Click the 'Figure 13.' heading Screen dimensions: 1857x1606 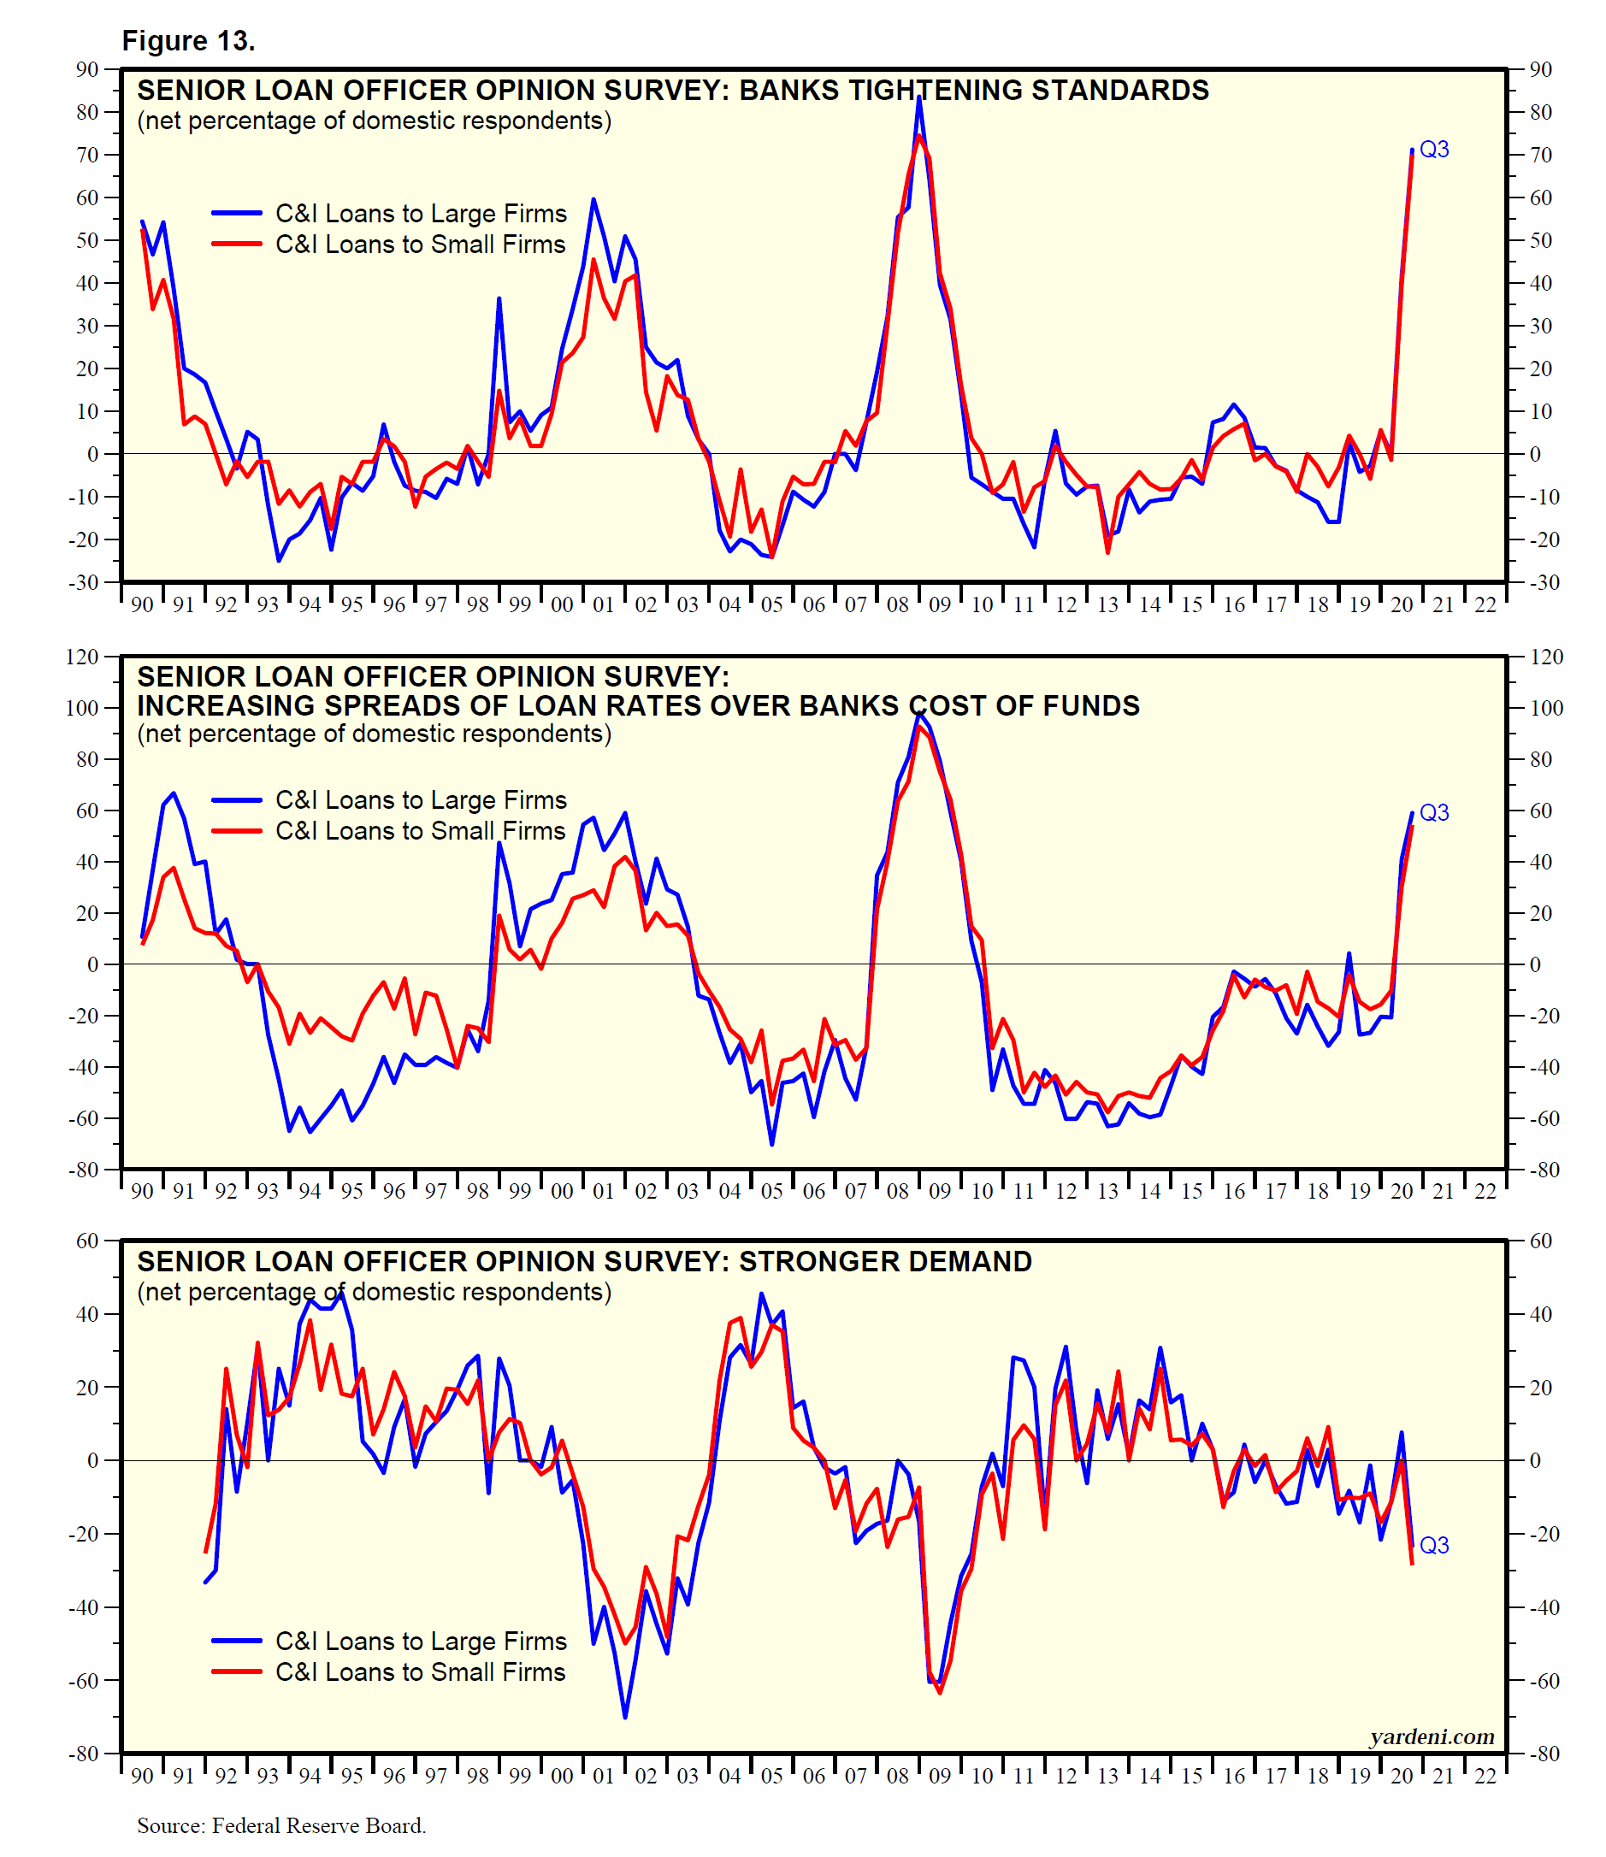pyautogui.click(x=188, y=41)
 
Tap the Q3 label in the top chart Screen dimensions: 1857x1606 pyautogui.click(x=1434, y=150)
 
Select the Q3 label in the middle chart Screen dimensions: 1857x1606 pyautogui.click(x=1434, y=812)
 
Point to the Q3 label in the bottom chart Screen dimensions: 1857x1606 pyautogui.click(x=1434, y=1545)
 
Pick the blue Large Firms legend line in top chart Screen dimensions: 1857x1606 pyautogui.click(x=237, y=213)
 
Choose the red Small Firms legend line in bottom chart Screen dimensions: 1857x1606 pyautogui.click(x=237, y=1671)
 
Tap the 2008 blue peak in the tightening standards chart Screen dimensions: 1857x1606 pyautogui.click(x=918, y=97)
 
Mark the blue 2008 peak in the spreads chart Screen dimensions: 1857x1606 pyautogui.click(x=918, y=712)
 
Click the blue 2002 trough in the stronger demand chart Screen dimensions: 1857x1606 pyautogui.click(x=624, y=1717)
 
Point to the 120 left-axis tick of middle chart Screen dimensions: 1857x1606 pyautogui.click(x=82, y=657)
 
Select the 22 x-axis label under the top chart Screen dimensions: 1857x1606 pyautogui.click(x=1485, y=605)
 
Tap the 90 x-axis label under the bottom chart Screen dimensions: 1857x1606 pyautogui.click(x=142, y=1777)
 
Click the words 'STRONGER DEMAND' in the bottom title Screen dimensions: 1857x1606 pyautogui.click(x=884, y=1262)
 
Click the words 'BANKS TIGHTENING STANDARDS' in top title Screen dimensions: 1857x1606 pyautogui.click(x=973, y=91)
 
